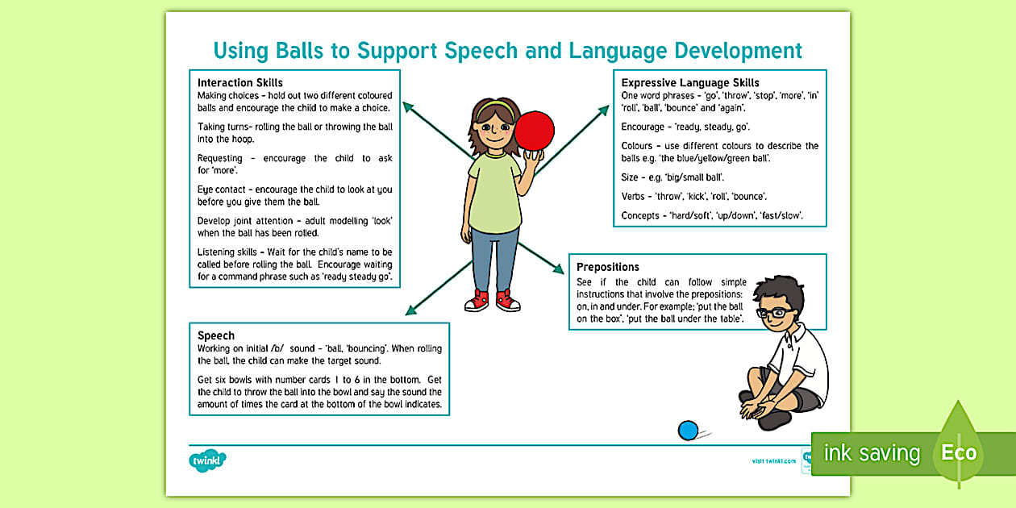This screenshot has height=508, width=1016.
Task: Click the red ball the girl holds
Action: tap(535, 131)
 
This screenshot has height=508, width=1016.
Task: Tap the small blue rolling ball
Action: tap(688, 431)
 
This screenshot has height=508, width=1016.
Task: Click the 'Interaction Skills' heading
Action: tap(240, 82)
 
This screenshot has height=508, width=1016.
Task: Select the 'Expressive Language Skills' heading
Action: tap(690, 82)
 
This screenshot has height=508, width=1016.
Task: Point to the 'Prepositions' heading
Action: tap(607, 267)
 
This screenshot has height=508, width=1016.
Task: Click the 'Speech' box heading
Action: tap(216, 335)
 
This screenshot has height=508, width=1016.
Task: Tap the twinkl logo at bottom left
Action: tap(208, 460)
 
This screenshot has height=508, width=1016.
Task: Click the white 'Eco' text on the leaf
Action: tap(959, 452)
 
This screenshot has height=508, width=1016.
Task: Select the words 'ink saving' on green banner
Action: tap(871, 453)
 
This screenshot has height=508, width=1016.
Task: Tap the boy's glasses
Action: tap(770, 313)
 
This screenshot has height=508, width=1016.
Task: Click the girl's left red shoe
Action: tap(477, 301)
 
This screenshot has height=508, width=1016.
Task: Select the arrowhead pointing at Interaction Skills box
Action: tap(408, 106)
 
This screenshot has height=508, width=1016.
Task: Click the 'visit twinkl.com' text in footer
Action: tap(773, 460)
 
